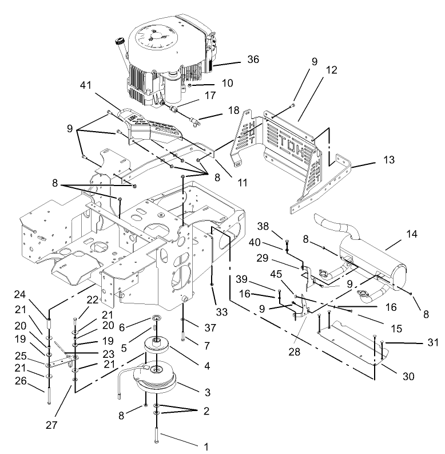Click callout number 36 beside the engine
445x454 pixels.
pyautogui.click(x=252, y=58)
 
